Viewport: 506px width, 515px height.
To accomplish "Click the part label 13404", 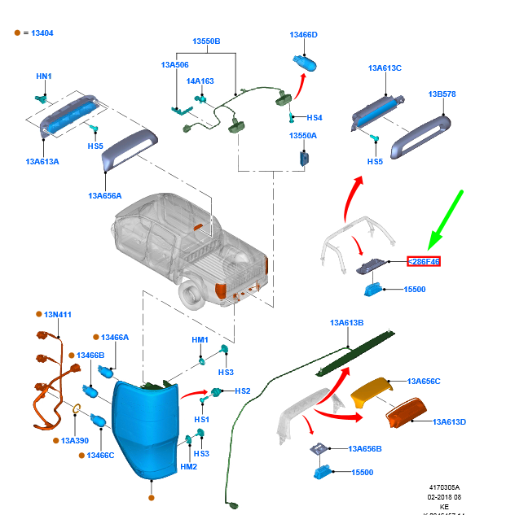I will point(42,33).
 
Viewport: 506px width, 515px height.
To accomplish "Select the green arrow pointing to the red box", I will point(447,217).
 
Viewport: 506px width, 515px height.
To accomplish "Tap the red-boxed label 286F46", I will point(424,262).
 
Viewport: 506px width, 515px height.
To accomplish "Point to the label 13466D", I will point(303,35).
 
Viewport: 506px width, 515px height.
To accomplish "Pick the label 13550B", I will point(206,41).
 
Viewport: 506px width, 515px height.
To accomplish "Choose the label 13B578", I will point(442,94).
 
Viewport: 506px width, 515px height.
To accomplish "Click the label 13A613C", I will point(385,68).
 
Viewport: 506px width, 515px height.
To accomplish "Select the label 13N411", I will point(58,314).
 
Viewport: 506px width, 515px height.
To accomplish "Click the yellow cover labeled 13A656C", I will point(371,391).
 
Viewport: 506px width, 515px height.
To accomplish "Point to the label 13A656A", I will point(105,195).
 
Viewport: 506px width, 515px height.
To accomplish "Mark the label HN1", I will point(44,76).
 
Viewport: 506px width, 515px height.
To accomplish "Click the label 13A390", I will point(74,440).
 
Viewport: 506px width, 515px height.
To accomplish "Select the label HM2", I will point(188,467).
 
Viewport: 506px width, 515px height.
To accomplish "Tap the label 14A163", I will point(200,81).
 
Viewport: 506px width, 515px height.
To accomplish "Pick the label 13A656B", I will point(364,448).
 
